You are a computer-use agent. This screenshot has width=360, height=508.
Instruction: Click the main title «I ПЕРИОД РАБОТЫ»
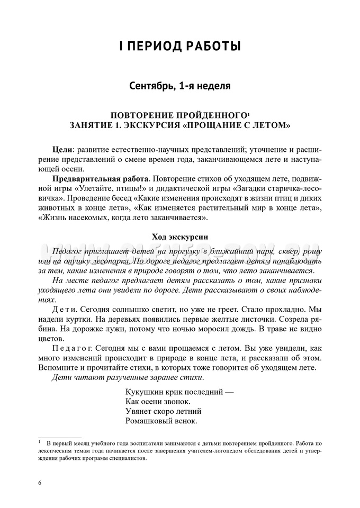(180, 47)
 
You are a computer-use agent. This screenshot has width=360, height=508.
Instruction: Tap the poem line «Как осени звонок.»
(158, 402)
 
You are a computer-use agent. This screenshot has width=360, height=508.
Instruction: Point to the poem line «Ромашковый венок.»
(161, 421)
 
